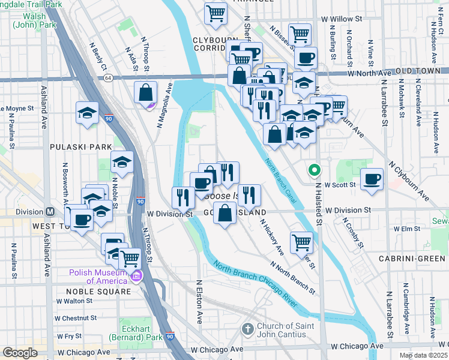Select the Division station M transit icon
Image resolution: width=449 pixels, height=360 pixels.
(x=51, y=212)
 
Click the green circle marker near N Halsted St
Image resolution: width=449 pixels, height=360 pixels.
(x=313, y=170)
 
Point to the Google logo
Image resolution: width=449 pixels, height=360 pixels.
(x=20, y=353)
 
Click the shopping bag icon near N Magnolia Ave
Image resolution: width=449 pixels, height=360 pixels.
(x=145, y=93)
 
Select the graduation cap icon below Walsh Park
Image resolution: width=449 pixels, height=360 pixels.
(x=87, y=112)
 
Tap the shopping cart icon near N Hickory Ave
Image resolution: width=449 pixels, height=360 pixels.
(x=301, y=242)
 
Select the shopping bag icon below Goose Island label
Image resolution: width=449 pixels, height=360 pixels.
(x=224, y=213)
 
